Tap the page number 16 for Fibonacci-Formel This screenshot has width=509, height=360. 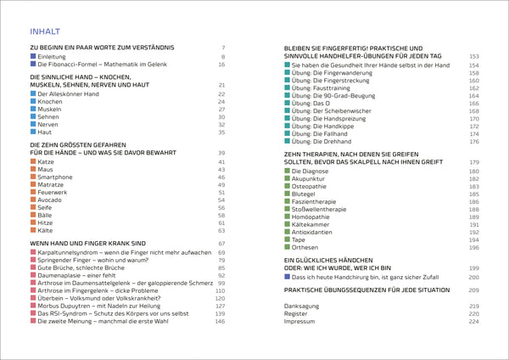click(x=221, y=65)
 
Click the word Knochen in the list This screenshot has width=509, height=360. click(x=51, y=101)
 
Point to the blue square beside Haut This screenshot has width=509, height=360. click(x=33, y=132)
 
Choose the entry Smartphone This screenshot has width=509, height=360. click(x=55, y=177)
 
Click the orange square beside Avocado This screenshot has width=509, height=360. click(x=33, y=200)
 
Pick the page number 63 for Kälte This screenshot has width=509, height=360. click(x=221, y=230)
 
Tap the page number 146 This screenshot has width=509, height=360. click(x=220, y=321)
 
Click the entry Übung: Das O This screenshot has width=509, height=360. click(x=311, y=103)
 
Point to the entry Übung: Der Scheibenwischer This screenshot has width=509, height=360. click(x=333, y=110)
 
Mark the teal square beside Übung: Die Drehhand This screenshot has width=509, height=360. click(x=288, y=141)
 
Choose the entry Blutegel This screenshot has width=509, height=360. click(x=305, y=194)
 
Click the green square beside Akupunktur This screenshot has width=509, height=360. click(x=288, y=179)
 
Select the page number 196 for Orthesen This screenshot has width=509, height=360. click(x=474, y=247)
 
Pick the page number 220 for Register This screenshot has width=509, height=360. click(x=474, y=313)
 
